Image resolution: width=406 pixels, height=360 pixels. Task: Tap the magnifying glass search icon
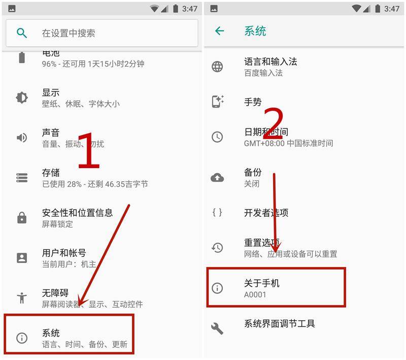coord(22,33)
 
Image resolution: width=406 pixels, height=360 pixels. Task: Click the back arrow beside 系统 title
coord(219,31)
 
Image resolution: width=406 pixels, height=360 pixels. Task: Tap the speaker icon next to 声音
coord(22,138)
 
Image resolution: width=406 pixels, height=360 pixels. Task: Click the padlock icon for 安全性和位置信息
coord(22,218)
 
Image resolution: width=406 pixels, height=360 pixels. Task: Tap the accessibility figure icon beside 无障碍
coord(22,298)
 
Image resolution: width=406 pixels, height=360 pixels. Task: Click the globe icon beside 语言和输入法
coord(217,67)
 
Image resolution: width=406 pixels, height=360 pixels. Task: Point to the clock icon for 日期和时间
coord(217,137)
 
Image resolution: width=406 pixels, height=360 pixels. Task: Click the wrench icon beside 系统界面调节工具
coord(217,328)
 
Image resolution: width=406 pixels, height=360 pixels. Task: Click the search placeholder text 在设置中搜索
coord(69,33)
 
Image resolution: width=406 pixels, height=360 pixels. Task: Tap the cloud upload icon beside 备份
coord(217,177)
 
